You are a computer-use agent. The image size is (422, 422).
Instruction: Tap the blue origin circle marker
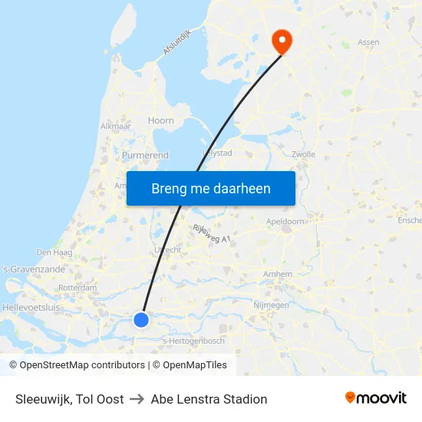point(141,319)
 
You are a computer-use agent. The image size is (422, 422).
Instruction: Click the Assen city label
point(368,43)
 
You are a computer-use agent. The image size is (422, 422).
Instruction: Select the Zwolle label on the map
point(305,153)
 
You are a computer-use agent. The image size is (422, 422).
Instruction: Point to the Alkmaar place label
point(115,126)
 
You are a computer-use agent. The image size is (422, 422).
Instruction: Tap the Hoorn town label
point(161,120)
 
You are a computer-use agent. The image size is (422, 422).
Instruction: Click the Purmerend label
point(145,155)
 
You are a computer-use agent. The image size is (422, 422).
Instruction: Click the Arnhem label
point(277,274)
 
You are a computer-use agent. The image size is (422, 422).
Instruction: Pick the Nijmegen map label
point(271,305)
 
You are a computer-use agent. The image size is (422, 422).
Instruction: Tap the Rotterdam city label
point(77,288)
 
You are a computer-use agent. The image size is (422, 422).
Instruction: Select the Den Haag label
point(54,252)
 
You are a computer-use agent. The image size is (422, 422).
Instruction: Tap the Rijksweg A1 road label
point(213,233)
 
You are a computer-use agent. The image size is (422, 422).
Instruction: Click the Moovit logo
point(376,398)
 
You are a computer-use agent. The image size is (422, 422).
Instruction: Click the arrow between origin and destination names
point(137,399)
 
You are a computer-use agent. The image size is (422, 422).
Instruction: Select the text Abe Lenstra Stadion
point(209,399)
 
